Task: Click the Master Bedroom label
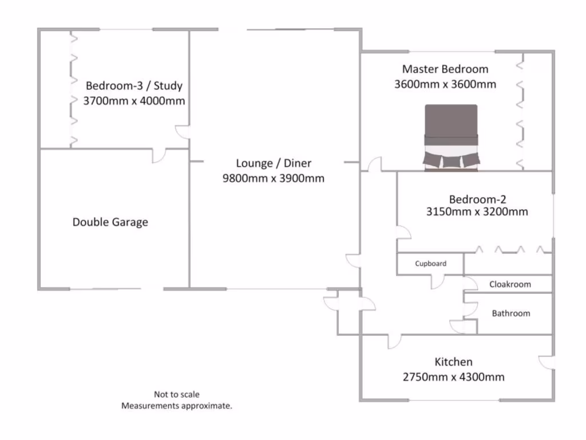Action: coord(445,69)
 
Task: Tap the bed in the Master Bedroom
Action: coord(450,137)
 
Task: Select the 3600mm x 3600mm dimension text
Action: coord(445,84)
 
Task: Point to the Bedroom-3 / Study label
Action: coord(134,86)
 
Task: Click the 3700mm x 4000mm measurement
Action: coord(134,101)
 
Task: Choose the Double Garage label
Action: coord(110,222)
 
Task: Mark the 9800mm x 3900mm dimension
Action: coord(273,178)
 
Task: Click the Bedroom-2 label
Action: coord(477,199)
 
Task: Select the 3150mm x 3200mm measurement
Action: coord(477,212)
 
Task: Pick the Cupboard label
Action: coord(430,264)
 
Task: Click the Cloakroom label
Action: coord(510,284)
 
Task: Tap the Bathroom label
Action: coord(511,313)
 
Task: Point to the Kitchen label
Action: coord(454,362)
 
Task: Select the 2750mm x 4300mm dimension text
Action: coord(454,377)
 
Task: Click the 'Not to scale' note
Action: coord(176,394)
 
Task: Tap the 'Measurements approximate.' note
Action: coord(176,406)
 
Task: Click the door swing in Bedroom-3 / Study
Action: coord(183,132)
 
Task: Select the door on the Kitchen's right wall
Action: coord(547,363)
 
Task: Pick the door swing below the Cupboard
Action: coord(438,281)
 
